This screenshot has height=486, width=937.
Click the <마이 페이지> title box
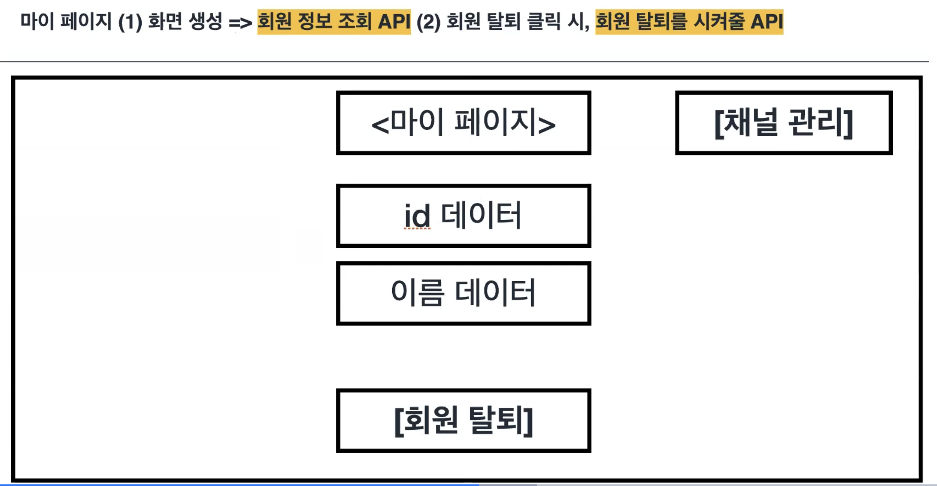click(x=463, y=123)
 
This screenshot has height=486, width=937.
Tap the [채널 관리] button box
click(x=783, y=123)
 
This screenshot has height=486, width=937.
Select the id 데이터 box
click(x=463, y=216)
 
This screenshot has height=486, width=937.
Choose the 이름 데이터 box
click(x=463, y=293)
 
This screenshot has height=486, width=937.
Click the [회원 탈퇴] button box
click(x=463, y=420)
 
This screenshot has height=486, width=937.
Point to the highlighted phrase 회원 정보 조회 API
click(x=334, y=22)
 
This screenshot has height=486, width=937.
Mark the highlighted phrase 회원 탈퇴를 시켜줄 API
click(x=689, y=22)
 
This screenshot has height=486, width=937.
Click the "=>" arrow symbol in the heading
click(x=240, y=22)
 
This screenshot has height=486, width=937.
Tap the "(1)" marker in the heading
click(x=130, y=22)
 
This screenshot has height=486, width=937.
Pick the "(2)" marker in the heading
click(x=428, y=22)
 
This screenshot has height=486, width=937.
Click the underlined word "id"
click(x=417, y=216)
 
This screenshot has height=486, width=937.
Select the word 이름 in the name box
click(x=418, y=292)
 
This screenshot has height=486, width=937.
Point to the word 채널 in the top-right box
click(x=750, y=123)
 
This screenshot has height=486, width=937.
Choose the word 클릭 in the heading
click(x=544, y=22)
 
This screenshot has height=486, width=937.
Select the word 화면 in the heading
click(x=165, y=22)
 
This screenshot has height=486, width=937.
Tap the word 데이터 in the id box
click(x=481, y=215)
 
